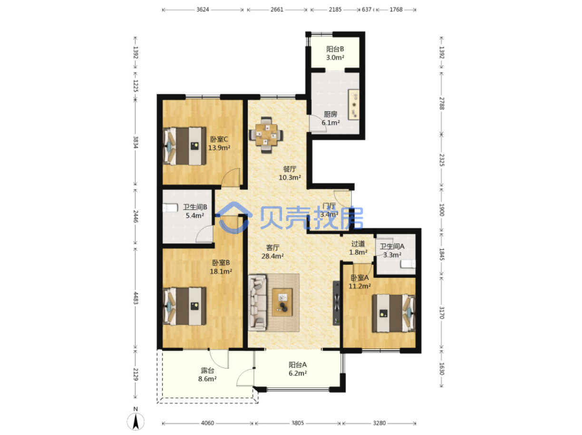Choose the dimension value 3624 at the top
(x=201, y=10)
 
